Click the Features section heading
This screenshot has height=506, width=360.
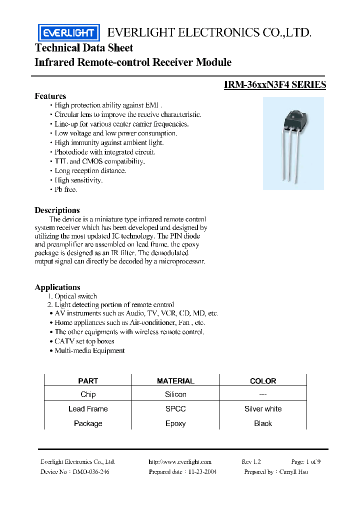coord(50,96)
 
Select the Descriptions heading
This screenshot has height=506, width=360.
coord(57,210)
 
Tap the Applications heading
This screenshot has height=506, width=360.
coord(57,287)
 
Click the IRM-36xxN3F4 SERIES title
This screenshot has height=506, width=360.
coord(275,85)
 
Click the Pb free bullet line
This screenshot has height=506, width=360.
coord(65,190)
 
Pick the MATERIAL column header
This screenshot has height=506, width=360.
coord(175,381)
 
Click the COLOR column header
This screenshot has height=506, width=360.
coord(263,381)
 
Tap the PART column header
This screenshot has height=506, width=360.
coord(88,381)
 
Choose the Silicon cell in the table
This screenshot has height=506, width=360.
coord(175,394)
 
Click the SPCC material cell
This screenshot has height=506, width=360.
coord(175,409)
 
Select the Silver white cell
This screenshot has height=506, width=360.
coord(263,409)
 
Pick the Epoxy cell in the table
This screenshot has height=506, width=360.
coord(175,423)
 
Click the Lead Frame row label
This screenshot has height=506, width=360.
coord(88,409)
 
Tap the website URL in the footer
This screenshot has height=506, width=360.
coord(180,462)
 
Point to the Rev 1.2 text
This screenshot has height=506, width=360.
coord(251,462)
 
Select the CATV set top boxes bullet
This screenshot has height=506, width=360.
coord(84,341)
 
